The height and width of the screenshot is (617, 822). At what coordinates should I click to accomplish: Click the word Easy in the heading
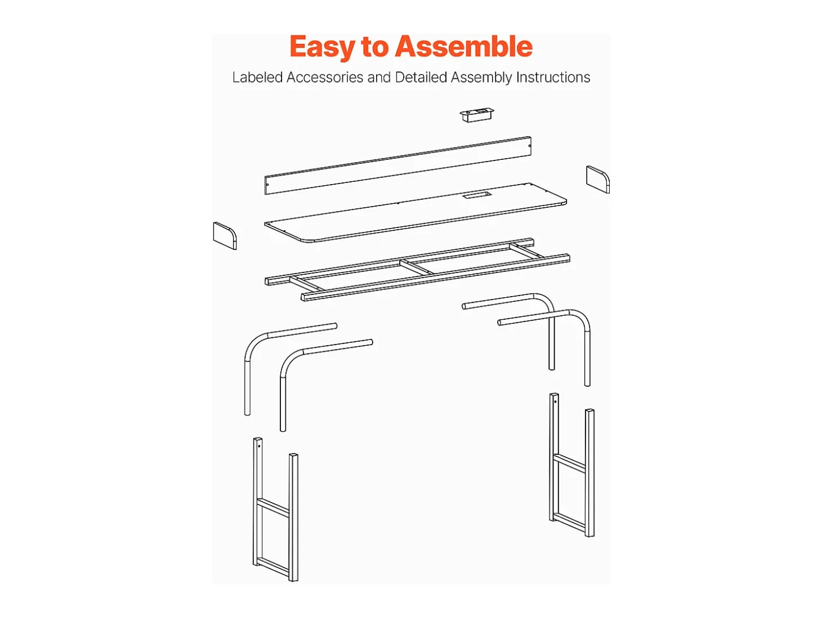pyautogui.click(x=323, y=47)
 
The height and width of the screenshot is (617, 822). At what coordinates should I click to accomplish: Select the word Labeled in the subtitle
pyautogui.click(x=257, y=78)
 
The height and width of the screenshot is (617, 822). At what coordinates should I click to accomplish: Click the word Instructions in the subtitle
pyautogui.click(x=553, y=78)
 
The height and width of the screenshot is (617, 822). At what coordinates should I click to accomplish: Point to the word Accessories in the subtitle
pyautogui.click(x=325, y=78)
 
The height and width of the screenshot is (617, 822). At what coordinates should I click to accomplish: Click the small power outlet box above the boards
pyautogui.click(x=476, y=115)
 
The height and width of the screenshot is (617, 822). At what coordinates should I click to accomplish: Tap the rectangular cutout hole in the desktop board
pyautogui.click(x=476, y=195)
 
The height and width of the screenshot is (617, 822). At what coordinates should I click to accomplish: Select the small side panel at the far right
pyautogui.click(x=598, y=180)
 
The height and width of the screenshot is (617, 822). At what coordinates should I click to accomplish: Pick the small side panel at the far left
pyautogui.click(x=225, y=236)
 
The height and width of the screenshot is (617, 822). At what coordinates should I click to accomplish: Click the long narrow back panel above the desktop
pyautogui.click(x=397, y=165)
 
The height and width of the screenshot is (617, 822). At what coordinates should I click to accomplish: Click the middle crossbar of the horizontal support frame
pyautogui.click(x=417, y=267)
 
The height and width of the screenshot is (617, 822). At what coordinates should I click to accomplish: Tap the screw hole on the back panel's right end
pyautogui.click(x=529, y=146)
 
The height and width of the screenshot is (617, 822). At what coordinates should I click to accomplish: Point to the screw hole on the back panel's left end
pyautogui.click(x=267, y=185)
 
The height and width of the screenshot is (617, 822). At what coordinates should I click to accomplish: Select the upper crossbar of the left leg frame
pyautogui.click(x=273, y=508)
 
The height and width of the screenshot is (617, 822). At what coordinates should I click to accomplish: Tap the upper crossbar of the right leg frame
pyautogui.click(x=569, y=463)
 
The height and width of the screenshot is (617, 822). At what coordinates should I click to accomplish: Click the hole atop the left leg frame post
pyautogui.click(x=259, y=446)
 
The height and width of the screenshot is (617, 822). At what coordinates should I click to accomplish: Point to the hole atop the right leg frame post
pyautogui.click(x=555, y=402)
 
